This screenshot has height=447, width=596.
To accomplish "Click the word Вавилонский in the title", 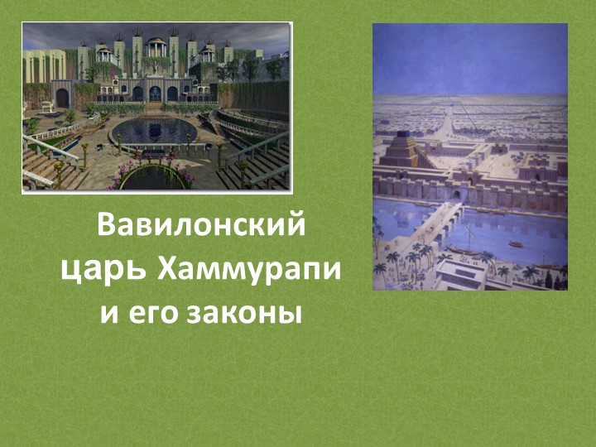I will click(201, 227).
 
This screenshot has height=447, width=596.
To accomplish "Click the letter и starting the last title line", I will click(108, 315).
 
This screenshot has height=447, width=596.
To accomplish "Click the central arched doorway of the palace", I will click(155, 93).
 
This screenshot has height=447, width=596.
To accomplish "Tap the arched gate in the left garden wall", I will click(62, 97).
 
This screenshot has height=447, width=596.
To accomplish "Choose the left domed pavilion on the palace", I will click(105, 55).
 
